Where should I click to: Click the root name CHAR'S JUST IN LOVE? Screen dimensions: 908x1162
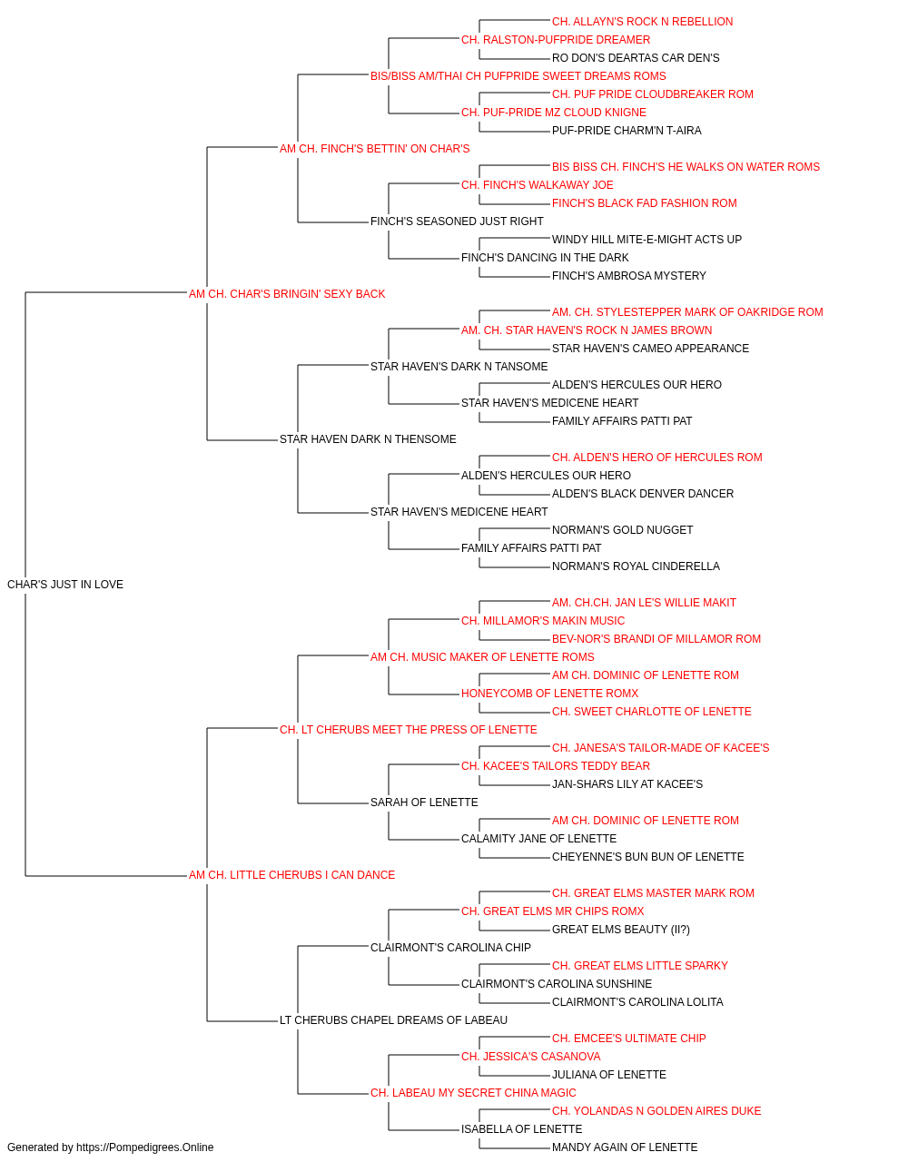65,585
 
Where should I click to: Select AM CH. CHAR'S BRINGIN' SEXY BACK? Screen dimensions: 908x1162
287,294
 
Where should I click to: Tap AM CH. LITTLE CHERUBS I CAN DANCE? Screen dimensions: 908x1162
291,875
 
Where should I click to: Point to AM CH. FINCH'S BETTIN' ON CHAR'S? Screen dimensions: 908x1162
374,149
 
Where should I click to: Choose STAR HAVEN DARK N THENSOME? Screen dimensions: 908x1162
368,439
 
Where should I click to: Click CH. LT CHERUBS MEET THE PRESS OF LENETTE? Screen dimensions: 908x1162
408,729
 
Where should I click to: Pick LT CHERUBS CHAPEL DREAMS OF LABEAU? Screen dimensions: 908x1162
393,1019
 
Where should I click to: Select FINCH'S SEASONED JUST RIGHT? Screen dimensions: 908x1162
457,222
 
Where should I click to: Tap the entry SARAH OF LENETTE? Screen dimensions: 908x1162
424,803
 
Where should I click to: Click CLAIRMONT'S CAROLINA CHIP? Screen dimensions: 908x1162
450,948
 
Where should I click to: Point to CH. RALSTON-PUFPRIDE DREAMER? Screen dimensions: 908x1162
556,40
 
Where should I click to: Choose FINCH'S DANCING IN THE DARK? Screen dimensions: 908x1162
545,258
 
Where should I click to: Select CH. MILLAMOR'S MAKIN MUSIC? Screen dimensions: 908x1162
543,621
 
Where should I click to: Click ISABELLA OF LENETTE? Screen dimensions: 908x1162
521,1128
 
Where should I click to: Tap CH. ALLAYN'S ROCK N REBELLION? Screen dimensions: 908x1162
642,22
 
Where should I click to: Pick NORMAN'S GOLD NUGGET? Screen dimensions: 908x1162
622,530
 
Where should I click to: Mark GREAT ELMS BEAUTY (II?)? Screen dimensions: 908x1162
621,930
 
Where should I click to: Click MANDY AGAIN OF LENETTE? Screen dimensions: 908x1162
625,1147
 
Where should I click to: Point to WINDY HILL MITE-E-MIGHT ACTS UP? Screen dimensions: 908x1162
646,240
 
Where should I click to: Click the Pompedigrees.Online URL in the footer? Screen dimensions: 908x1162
144,1147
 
